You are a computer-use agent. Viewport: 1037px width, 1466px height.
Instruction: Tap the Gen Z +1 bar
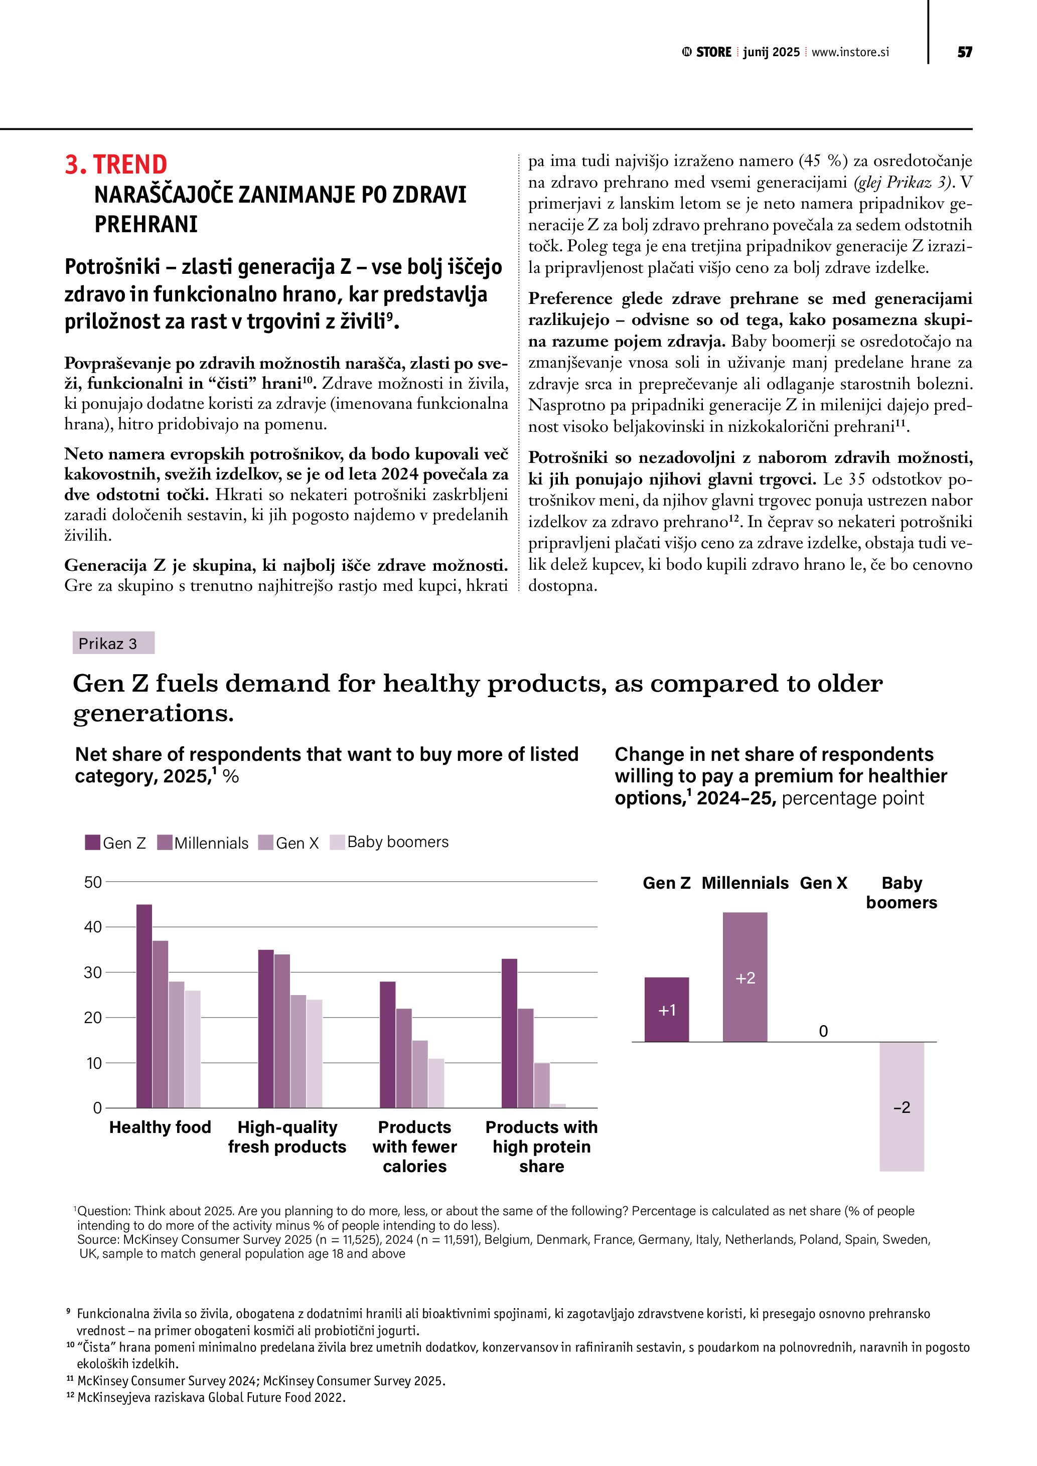coord(667,1010)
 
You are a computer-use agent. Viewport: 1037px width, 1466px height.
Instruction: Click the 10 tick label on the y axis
coord(93,1063)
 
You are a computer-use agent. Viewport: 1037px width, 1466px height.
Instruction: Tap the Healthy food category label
coord(160,1127)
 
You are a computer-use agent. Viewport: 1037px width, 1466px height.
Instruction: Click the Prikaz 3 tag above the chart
coord(113,643)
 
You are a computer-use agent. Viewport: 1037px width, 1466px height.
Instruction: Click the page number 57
coord(964,52)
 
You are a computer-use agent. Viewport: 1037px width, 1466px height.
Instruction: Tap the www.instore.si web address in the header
coord(850,52)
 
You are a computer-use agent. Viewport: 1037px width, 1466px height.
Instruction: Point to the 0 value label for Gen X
coord(823,1031)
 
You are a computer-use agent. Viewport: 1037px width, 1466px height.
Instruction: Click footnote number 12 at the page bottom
coord(70,1396)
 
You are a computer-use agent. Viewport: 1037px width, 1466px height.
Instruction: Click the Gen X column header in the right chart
coord(823,883)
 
